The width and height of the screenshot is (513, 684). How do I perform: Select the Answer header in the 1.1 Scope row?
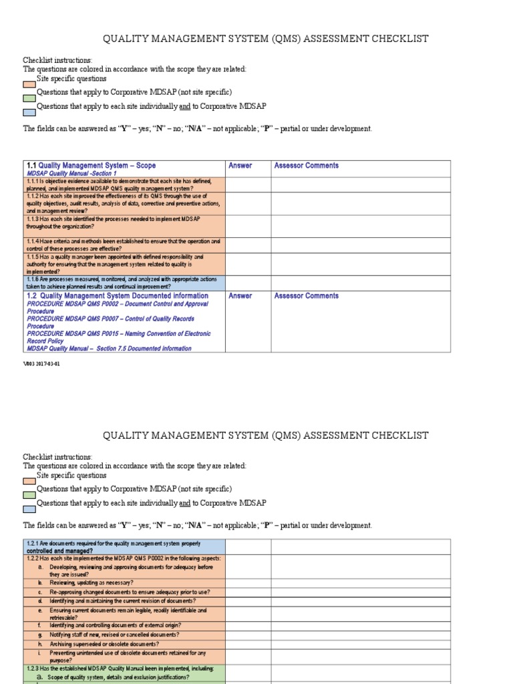tap(240, 166)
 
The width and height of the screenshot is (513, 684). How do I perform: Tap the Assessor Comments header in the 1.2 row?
tap(306, 296)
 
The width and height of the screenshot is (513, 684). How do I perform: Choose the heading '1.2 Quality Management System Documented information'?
tap(118, 296)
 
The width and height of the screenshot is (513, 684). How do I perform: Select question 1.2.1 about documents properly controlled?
tap(114, 547)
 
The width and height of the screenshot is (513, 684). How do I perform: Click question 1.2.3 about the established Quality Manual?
tap(120, 668)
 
